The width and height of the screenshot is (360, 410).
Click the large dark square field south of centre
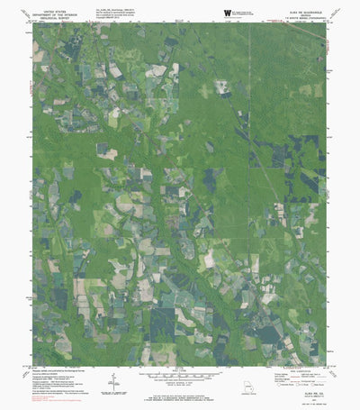pyautogui.click(x=163, y=321)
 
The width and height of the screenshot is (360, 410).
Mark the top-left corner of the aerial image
pyautogui.click(x=33, y=23)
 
